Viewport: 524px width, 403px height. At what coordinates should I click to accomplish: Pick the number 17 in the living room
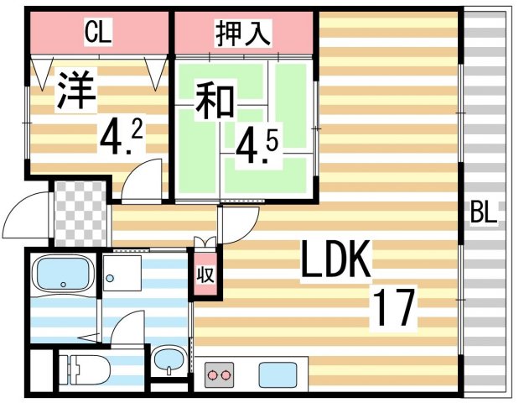tap(394, 308)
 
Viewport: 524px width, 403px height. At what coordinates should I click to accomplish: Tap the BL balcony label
tap(483, 212)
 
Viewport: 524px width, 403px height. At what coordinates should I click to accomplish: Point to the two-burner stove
tap(221, 372)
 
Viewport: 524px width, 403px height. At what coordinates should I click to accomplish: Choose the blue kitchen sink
tap(274, 372)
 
